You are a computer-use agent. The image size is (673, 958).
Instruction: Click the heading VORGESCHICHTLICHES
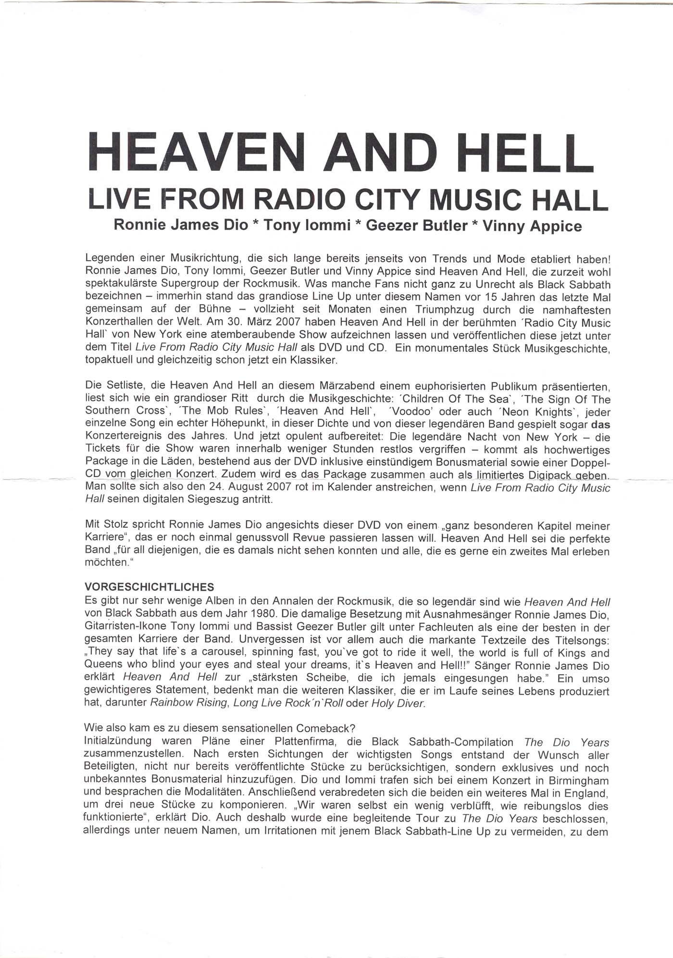(149, 587)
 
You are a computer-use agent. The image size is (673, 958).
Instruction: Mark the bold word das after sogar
(600, 424)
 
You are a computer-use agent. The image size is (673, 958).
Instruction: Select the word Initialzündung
(118, 741)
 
